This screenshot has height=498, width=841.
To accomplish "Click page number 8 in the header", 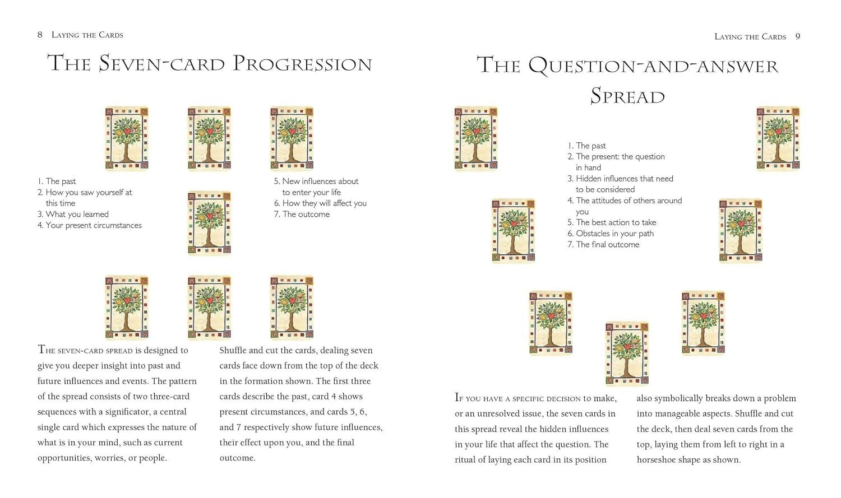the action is (40, 35).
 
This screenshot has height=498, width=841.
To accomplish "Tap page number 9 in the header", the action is (798, 36).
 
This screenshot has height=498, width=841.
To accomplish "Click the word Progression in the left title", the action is (302, 63).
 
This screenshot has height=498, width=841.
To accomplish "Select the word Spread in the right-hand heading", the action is (627, 96).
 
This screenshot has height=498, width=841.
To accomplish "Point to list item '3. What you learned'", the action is (73, 214).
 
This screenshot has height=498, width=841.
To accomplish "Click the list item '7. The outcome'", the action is (302, 214).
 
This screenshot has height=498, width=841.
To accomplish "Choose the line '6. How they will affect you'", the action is (320, 203).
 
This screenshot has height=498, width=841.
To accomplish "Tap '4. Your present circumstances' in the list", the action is (89, 225).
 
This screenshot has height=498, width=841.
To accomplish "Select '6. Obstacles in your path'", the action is (611, 234).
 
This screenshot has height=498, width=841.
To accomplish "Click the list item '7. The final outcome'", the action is (603, 244).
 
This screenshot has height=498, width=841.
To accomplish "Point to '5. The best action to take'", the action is (612, 222).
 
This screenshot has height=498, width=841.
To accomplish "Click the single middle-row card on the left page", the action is (209, 223).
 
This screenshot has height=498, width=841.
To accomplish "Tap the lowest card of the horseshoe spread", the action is (627, 353).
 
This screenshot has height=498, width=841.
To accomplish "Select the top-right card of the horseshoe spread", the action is (778, 138).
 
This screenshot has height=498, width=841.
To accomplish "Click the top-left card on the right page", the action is (475, 138).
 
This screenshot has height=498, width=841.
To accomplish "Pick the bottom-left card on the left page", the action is (127, 308).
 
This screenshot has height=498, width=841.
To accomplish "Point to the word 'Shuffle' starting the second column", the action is (233, 350).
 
